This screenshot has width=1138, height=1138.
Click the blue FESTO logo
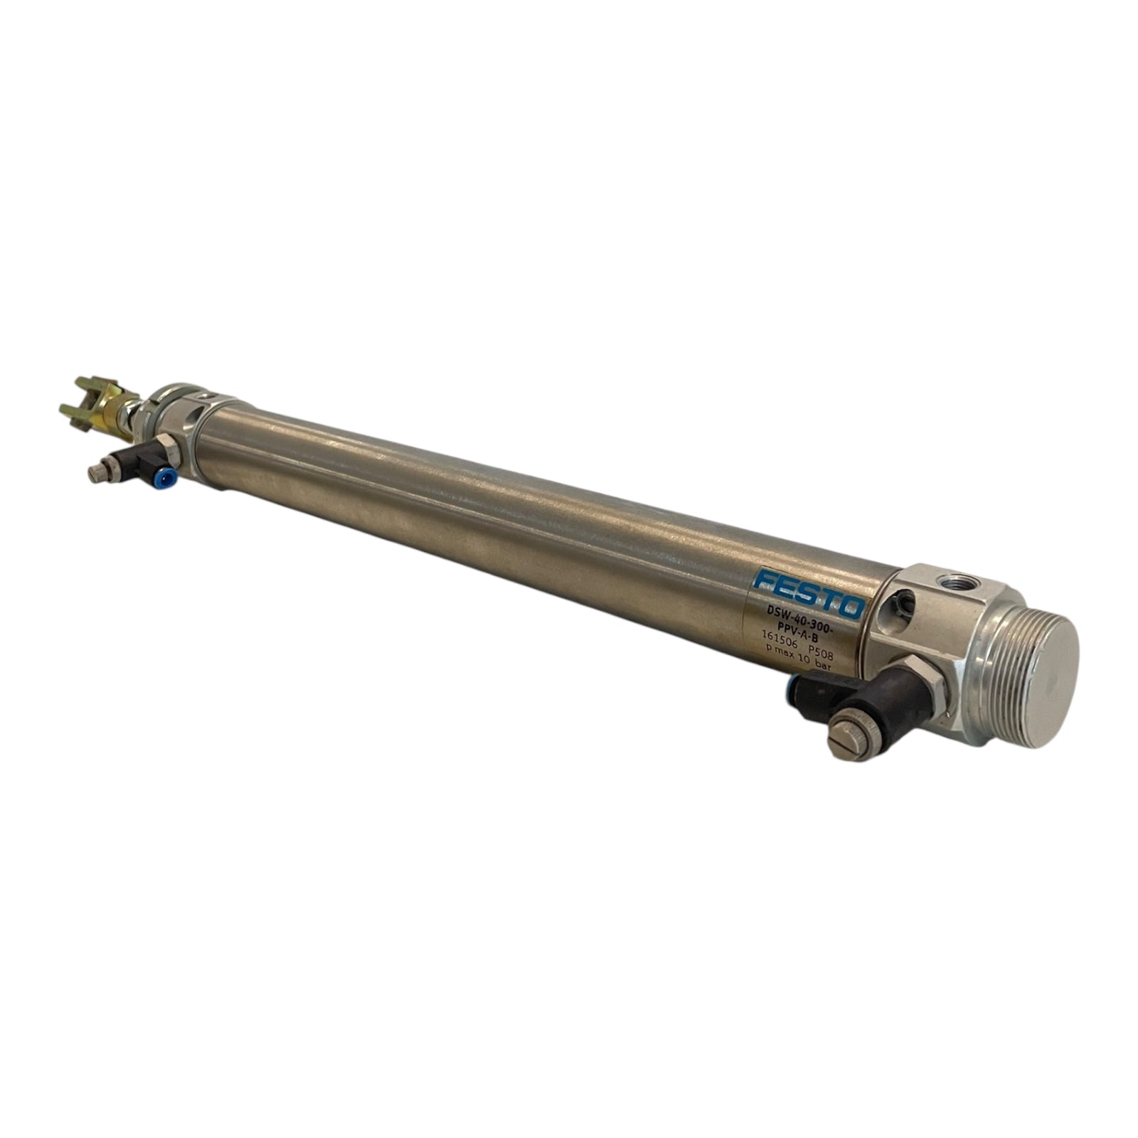(809, 592)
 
